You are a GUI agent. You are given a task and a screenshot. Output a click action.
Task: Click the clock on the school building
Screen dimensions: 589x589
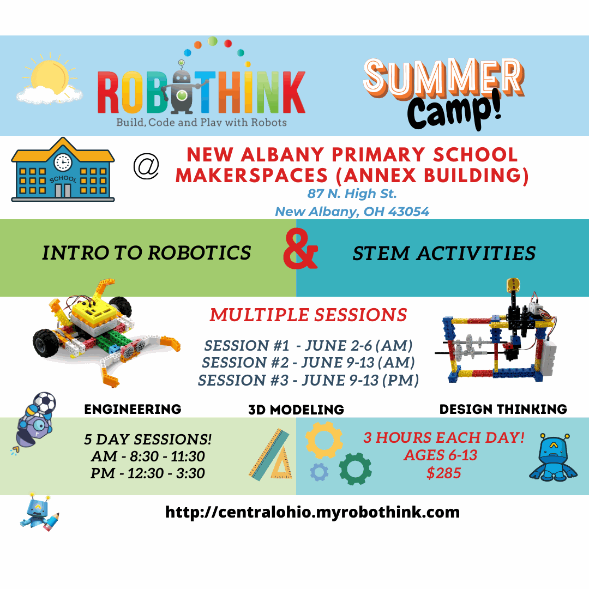click(x=63, y=163)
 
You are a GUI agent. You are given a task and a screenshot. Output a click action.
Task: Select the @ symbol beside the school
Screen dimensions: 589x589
click(x=146, y=166)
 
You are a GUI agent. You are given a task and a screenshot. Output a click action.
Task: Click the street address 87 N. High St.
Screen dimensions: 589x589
click(x=352, y=194)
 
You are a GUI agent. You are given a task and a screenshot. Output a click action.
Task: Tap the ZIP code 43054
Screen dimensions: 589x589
click(x=408, y=212)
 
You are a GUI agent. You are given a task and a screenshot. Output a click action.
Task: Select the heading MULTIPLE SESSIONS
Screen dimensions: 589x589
click(x=308, y=315)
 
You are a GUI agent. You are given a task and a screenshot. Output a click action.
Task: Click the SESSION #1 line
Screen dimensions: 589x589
click(x=308, y=345)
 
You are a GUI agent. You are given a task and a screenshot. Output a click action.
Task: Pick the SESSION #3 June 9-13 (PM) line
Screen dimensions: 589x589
click(x=308, y=380)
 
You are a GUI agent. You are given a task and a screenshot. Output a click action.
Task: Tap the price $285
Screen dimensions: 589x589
click(x=443, y=473)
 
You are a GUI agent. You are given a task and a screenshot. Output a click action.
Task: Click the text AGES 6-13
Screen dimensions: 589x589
click(x=441, y=455)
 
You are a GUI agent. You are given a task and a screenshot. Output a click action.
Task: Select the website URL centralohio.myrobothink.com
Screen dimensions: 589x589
click(x=312, y=512)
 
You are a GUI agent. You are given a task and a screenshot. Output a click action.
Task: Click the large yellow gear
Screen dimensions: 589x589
click(x=324, y=440)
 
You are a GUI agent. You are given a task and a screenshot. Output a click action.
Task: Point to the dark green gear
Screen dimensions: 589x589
click(x=355, y=469)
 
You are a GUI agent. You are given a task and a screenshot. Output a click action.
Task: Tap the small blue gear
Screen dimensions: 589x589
click(x=319, y=472)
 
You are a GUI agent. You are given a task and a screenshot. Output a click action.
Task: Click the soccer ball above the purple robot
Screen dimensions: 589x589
click(x=44, y=402)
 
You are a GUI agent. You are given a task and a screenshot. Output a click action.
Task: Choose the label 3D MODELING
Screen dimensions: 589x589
click(x=296, y=410)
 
